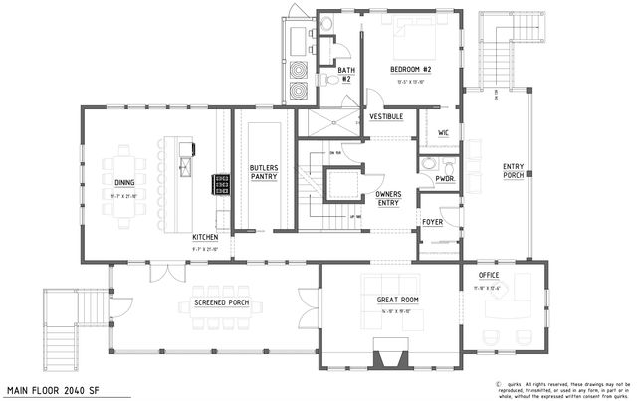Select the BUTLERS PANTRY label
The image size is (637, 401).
pyautogui.click(x=263, y=170)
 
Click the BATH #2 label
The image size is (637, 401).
pyautogui.click(x=346, y=75)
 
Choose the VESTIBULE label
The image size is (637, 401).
pyautogui.click(x=386, y=116)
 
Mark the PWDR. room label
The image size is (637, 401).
pyautogui.click(x=444, y=178)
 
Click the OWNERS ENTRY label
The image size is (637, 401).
pyautogui.click(x=388, y=198)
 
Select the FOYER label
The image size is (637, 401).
pyautogui.click(x=432, y=222)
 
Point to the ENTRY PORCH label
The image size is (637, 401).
pyautogui.click(x=513, y=171)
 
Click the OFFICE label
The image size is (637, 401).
pyautogui.click(x=489, y=274)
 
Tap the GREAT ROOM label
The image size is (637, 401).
pyautogui.click(x=397, y=300)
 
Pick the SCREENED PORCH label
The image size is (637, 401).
pyautogui.click(x=206, y=304)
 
